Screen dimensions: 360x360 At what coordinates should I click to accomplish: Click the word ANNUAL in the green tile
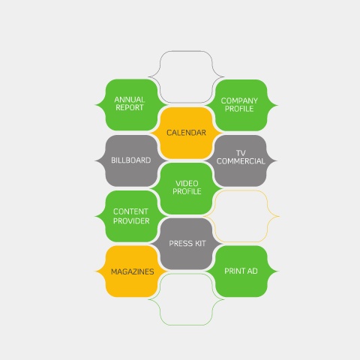[x=130, y=100]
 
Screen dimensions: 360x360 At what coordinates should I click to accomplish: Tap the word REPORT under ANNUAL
[x=130, y=107]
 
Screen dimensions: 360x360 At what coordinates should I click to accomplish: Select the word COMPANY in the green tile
[x=239, y=100]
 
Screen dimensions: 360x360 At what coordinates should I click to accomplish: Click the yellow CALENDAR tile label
[x=186, y=133]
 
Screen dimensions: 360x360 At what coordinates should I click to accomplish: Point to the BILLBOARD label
[x=131, y=160]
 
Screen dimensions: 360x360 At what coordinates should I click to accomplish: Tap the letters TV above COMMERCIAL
[x=241, y=153]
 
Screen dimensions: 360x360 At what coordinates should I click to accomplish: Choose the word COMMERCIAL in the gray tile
[x=241, y=161]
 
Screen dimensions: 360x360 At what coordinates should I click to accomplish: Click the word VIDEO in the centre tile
[x=187, y=184]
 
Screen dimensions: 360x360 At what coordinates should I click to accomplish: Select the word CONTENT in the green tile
[x=130, y=211]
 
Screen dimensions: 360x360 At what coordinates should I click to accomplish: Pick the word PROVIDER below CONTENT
[x=131, y=221]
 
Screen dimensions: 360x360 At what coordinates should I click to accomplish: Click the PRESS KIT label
[x=187, y=244]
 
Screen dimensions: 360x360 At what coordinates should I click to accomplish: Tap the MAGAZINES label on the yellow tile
[x=133, y=271]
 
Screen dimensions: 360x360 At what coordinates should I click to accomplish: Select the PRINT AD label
[x=241, y=271]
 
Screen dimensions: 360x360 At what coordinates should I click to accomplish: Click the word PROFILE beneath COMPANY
[x=239, y=109]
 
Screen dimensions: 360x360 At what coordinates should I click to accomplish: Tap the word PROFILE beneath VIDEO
[x=187, y=191]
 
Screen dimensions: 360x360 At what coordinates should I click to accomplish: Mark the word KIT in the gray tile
[x=199, y=244]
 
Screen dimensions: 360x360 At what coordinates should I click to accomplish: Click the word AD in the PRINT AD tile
[x=253, y=271]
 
